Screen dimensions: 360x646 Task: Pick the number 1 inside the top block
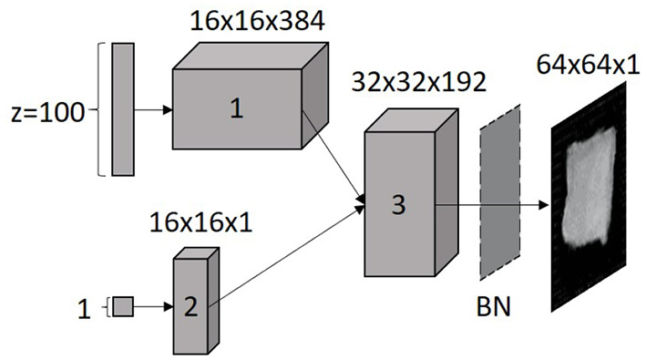(x=237, y=109)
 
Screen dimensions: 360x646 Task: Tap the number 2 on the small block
(x=190, y=306)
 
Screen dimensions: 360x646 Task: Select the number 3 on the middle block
(x=397, y=205)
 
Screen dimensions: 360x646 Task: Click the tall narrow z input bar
(x=122, y=108)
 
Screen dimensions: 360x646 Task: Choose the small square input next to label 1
(x=123, y=306)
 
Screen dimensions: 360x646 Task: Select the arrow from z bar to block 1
(x=152, y=110)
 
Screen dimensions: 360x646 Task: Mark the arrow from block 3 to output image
(x=492, y=205)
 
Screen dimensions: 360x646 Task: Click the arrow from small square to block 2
(x=153, y=306)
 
